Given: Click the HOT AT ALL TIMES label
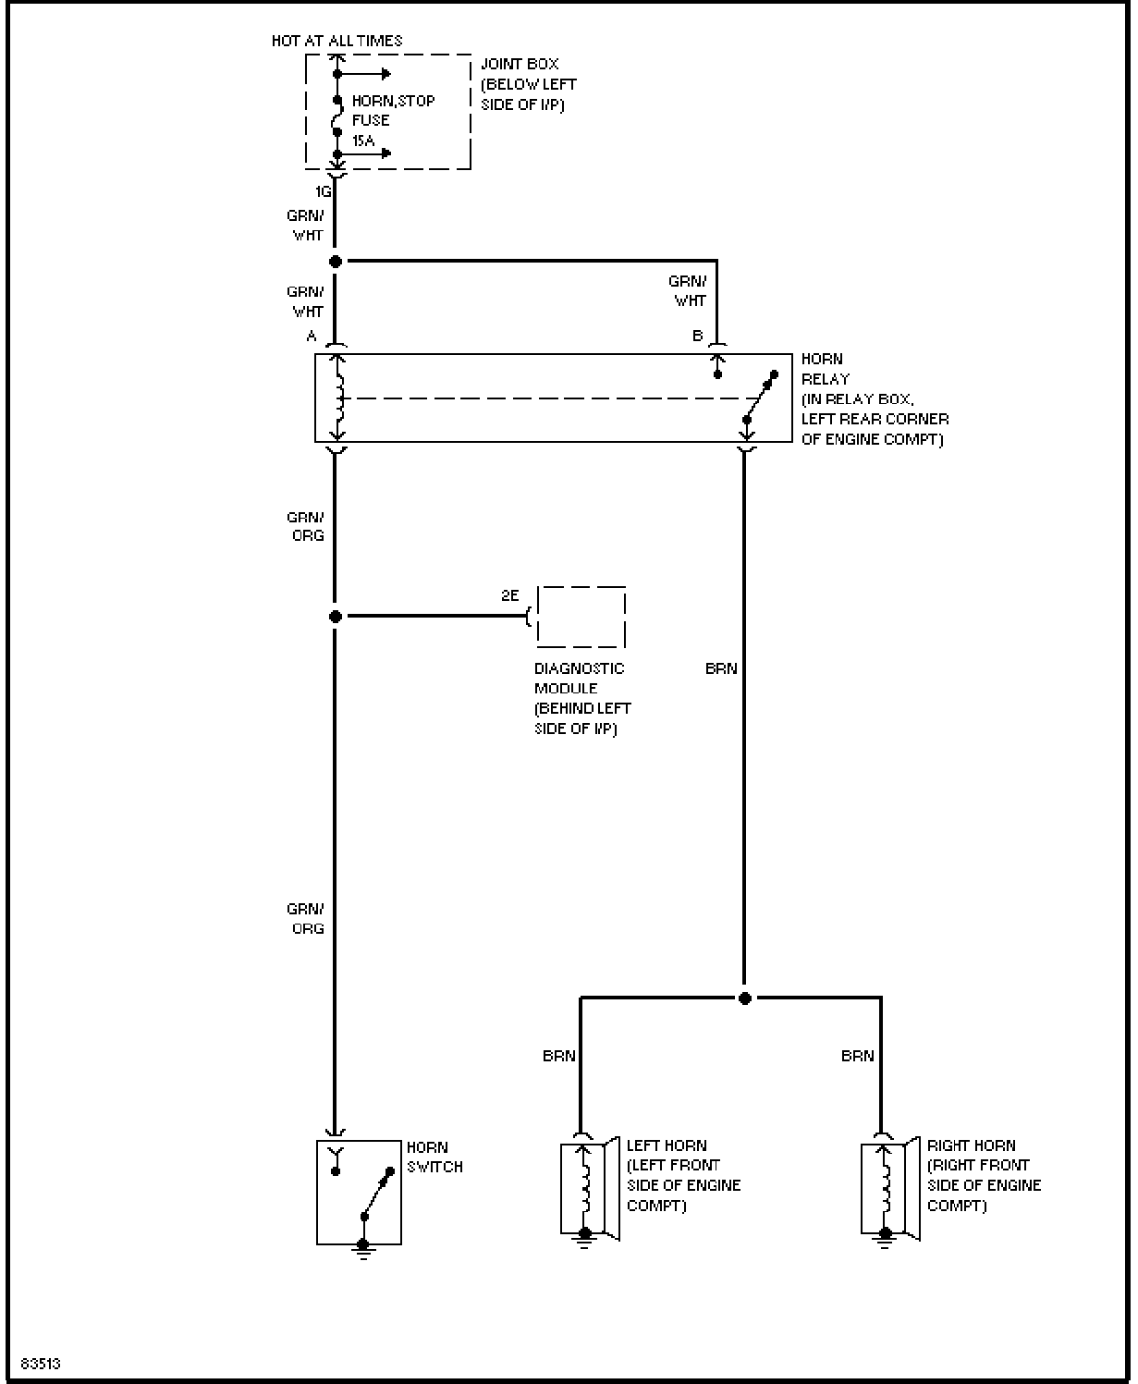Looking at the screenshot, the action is click(337, 41).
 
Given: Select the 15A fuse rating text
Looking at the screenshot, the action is click(363, 141).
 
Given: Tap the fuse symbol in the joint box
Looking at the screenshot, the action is click(337, 116).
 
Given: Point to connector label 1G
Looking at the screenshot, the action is click(323, 191).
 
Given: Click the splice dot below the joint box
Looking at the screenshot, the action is click(336, 262).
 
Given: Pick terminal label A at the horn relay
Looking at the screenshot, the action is click(312, 336).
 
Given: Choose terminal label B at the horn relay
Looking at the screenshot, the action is click(698, 336).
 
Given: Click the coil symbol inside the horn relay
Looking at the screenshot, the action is click(338, 398).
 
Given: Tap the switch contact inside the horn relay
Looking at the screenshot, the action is click(760, 397).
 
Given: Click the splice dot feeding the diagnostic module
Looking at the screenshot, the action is click(336, 617).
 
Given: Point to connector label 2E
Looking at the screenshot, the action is click(510, 595).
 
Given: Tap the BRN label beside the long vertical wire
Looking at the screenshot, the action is click(721, 668).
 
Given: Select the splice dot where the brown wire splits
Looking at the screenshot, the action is click(745, 998).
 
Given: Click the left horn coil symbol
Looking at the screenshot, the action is click(585, 1188).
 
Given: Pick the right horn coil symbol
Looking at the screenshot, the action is click(886, 1188).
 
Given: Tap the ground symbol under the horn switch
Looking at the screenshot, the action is click(363, 1249).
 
